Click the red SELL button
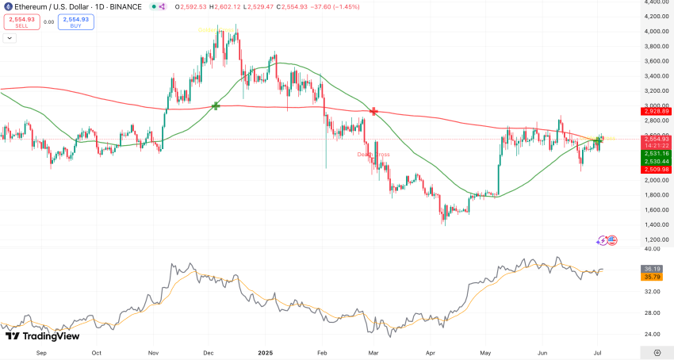click(21, 22)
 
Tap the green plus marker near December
click(215, 105)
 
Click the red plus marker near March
click(373, 112)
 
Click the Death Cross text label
click(373, 154)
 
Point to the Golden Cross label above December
click(216, 29)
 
